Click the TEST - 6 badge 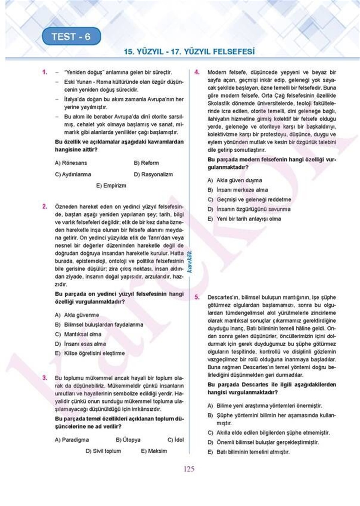[71, 37]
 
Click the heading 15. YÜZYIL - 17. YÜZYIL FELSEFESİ [189, 52]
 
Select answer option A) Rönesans [71, 163]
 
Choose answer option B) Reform [146, 163]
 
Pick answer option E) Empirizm [111, 186]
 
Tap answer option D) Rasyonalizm [153, 174]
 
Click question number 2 [45, 207]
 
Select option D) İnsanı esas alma [80, 344]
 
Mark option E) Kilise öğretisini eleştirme [90, 353]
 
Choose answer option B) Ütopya [128, 440]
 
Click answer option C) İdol [175, 440]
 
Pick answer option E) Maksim [154, 451]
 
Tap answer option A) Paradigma [72, 440]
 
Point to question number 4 [197, 72]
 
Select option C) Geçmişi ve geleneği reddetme [249, 200]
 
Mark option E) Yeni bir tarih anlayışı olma [244, 219]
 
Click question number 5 [197, 297]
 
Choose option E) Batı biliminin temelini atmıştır [249, 452]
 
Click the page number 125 [189, 469]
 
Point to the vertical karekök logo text [189, 261]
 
